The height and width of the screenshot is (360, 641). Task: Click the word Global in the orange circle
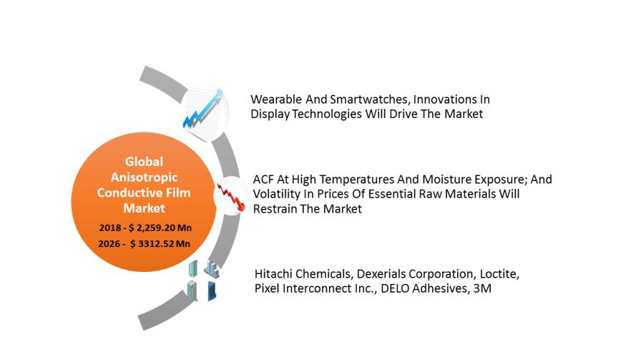click(x=144, y=161)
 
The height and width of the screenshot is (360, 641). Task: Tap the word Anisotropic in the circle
click(x=144, y=177)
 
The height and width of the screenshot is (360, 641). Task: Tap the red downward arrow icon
click(x=231, y=195)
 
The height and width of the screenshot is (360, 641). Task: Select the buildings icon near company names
click(x=203, y=279)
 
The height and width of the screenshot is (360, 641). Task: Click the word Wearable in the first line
click(x=275, y=99)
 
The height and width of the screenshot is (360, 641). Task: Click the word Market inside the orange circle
click(x=144, y=208)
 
